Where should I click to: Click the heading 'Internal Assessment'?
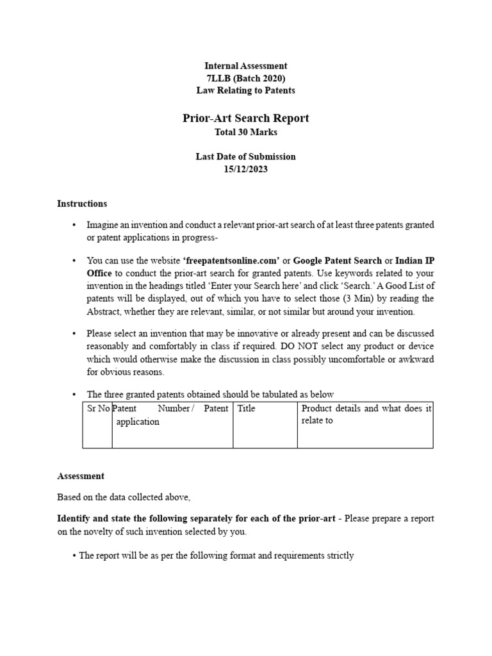click(x=245, y=66)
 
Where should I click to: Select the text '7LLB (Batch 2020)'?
click(x=245, y=78)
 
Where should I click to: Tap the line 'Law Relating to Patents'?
click(x=245, y=90)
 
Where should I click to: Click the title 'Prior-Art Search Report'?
click(x=245, y=118)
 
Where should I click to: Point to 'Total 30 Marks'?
click(x=245, y=132)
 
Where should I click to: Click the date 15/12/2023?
click(x=245, y=168)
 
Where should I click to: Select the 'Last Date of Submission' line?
click(x=245, y=156)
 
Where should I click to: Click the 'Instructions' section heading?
click(x=82, y=204)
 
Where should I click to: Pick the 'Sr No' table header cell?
click(x=97, y=409)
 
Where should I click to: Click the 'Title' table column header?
click(x=246, y=409)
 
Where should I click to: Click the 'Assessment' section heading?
click(x=81, y=476)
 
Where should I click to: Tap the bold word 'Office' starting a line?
click(x=100, y=274)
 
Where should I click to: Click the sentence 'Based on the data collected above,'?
click(x=124, y=497)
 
